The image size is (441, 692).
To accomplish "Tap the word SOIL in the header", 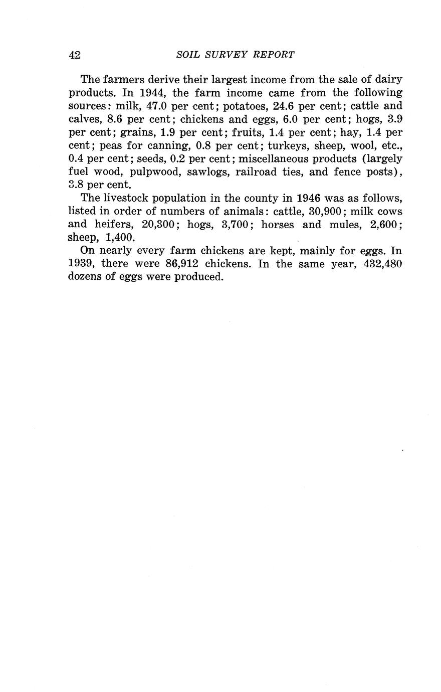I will click(x=188, y=55).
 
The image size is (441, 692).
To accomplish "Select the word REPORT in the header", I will click(x=275, y=55).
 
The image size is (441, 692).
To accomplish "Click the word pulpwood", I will click(x=151, y=171).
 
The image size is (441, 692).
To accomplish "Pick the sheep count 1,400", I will click(x=120, y=237).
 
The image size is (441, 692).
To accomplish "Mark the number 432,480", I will click(x=382, y=264).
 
